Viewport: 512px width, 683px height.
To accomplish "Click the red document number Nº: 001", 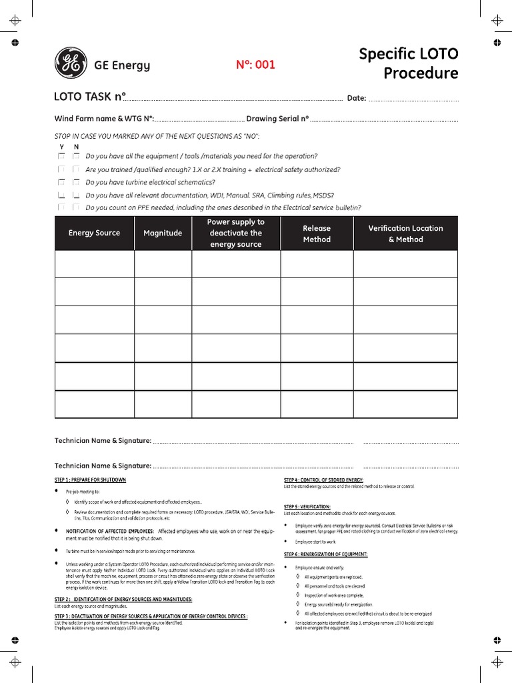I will pyautogui.click(x=255, y=65).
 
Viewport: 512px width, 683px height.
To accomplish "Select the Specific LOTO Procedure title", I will pyautogui.click(x=408, y=63).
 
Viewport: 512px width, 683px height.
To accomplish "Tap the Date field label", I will pyautogui.click(x=357, y=98).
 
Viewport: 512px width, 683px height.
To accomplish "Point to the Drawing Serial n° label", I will pyautogui.click(x=277, y=119).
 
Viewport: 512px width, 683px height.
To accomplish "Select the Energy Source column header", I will pyautogui.click(x=94, y=233).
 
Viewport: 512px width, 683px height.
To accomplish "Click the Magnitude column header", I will pyautogui.click(x=163, y=233).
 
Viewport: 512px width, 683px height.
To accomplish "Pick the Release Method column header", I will pyautogui.click(x=317, y=233).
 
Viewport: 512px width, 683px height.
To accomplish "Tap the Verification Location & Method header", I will pyautogui.click(x=405, y=233).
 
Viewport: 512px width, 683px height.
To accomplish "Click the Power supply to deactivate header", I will pyautogui.click(x=235, y=233).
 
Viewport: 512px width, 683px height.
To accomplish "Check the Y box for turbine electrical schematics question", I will pyautogui.click(x=61, y=181).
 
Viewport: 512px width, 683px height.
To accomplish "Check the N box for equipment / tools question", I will pyautogui.click(x=76, y=155).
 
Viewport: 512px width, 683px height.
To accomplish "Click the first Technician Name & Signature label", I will pyautogui.click(x=103, y=441).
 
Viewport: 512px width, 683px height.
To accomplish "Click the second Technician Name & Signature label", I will pyautogui.click(x=103, y=466).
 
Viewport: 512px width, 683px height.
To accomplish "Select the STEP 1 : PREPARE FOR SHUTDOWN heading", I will pyautogui.click(x=90, y=480).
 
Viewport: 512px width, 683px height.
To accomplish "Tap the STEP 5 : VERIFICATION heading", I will pyautogui.click(x=307, y=507).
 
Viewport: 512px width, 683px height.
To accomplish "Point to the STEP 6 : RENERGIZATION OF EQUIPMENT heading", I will pyautogui.click(x=325, y=554).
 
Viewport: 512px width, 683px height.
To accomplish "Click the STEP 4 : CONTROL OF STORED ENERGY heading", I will pyautogui.click(x=323, y=480).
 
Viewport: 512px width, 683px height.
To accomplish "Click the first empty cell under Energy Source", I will pyautogui.click(x=94, y=264).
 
